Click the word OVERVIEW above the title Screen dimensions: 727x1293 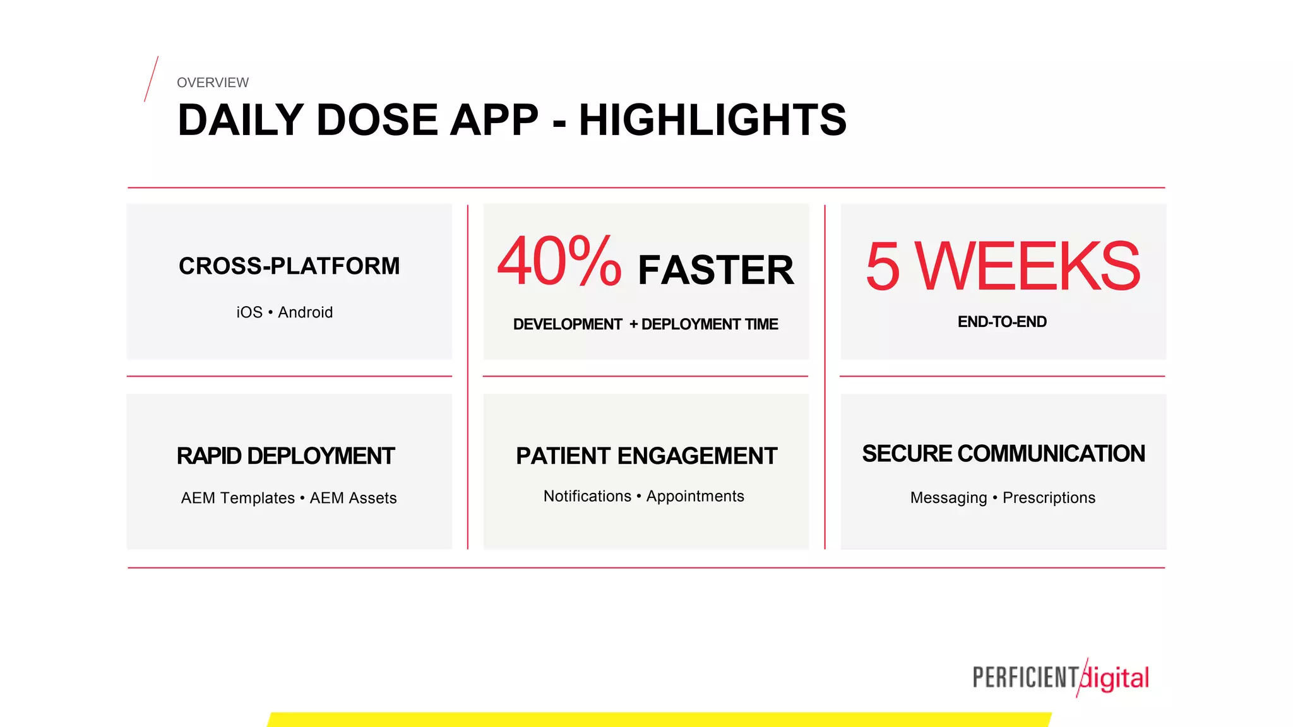click(213, 83)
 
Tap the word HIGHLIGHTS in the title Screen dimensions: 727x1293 click(712, 120)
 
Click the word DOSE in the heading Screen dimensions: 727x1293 click(377, 120)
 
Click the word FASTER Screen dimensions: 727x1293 click(715, 270)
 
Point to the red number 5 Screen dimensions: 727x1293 click(882, 267)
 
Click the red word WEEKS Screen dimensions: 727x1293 click(1028, 267)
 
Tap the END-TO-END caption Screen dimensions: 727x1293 click(1002, 322)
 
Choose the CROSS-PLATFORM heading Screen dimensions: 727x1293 click(289, 266)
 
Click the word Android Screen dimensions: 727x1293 click(305, 312)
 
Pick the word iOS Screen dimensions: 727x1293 click(249, 312)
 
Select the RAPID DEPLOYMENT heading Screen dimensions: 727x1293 click(285, 456)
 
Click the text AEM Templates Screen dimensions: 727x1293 click(237, 498)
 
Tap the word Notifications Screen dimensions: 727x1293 click(587, 496)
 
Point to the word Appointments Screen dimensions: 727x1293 click(695, 496)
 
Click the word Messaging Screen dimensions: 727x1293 click(948, 498)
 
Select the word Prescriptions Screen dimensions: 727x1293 click(1049, 498)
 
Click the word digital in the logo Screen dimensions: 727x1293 click(1116, 678)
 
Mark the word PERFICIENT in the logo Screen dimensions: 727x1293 click(1025, 678)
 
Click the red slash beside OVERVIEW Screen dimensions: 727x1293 click(151, 79)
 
